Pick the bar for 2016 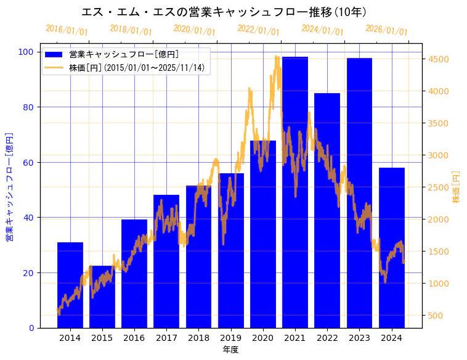pyautogui.click(x=134, y=274)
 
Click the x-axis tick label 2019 pyautogui.click(x=230, y=338)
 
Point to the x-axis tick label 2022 pyautogui.click(x=327, y=338)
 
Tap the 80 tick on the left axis pyautogui.click(x=29, y=107)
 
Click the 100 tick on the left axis pyautogui.click(x=26, y=52)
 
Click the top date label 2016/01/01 pyautogui.click(x=67, y=30)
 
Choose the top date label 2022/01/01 pyautogui.click(x=258, y=30)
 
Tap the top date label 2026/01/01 pyautogui.click(x=386, y=30)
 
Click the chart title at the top pyautogui.click(x=224, y=12)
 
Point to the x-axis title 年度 pyautogui.click(x=230, y=350)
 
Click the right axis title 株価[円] pyautogui.click(x=457, y=187)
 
